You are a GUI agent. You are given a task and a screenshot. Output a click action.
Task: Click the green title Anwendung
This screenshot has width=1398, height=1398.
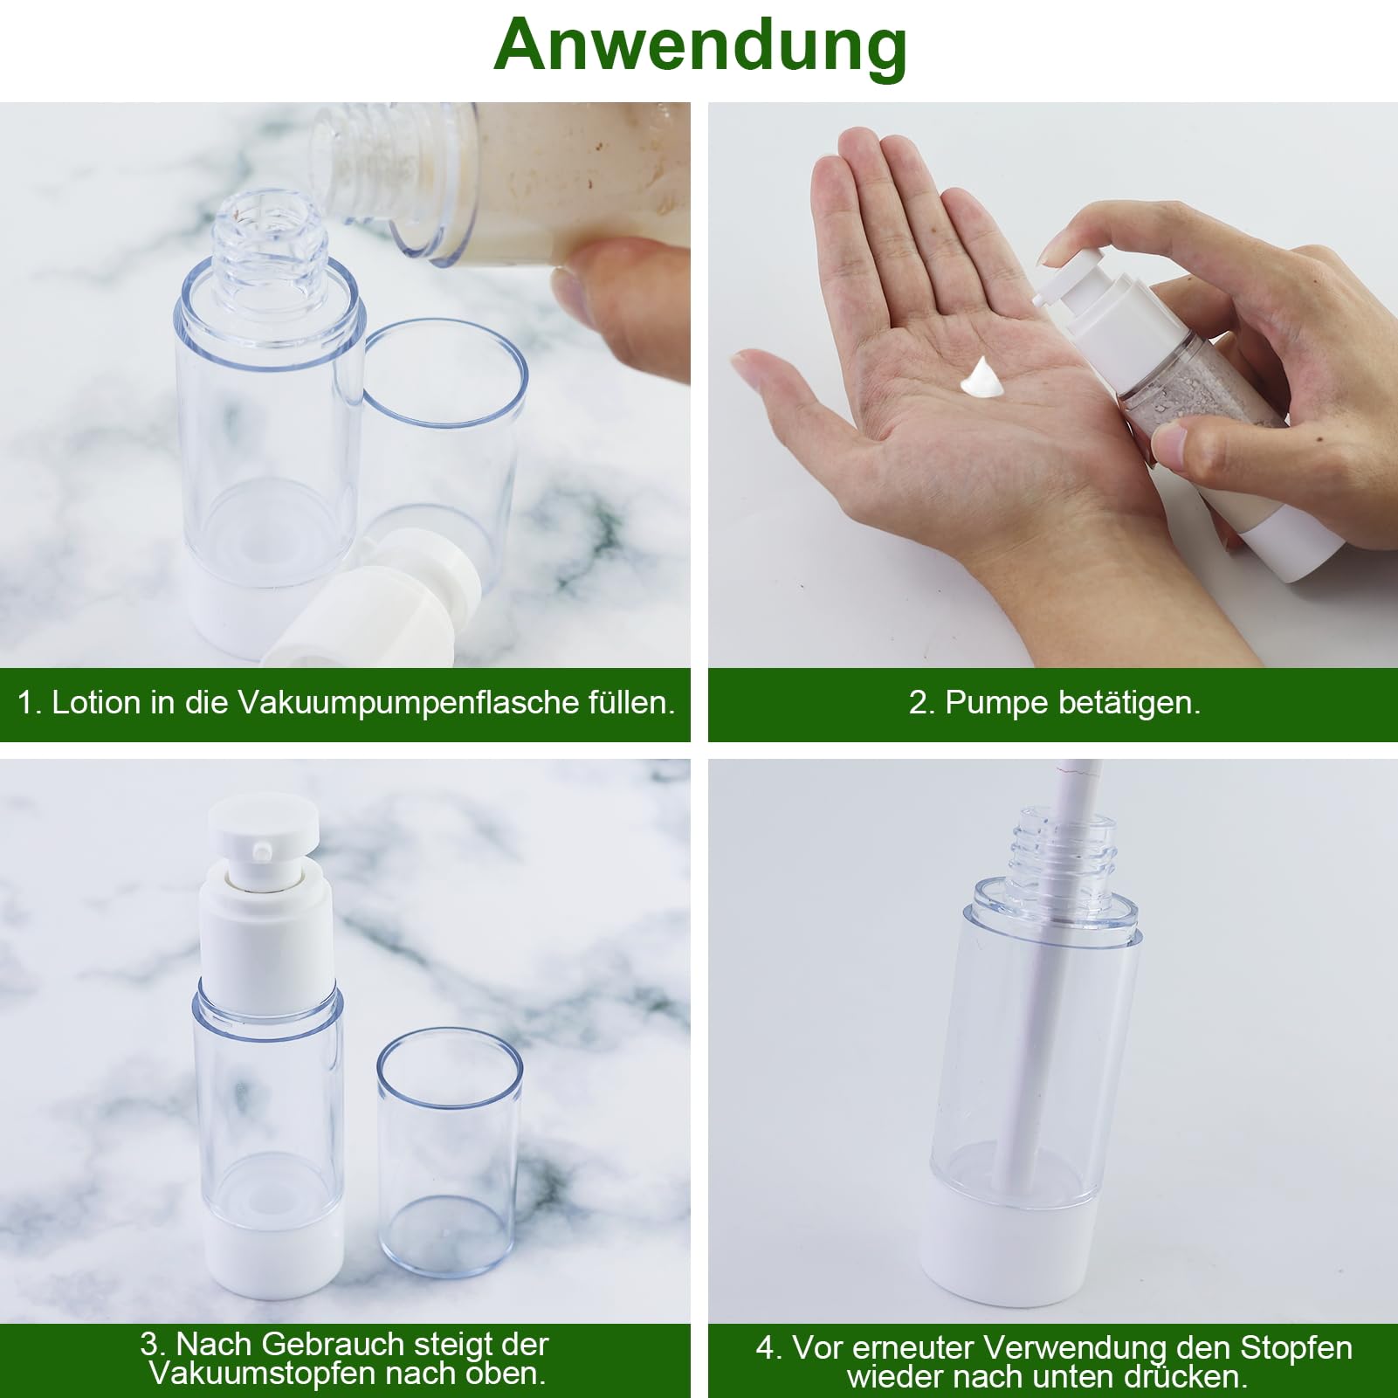tap(699, 45)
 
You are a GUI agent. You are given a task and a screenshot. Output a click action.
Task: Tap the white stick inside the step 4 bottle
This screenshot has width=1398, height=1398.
tap(1058, 1004)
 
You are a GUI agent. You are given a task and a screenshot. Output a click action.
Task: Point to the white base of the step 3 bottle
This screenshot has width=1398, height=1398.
tap(267, 1271)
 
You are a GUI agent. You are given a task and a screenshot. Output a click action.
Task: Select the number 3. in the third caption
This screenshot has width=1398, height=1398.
tap(154, 1344)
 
